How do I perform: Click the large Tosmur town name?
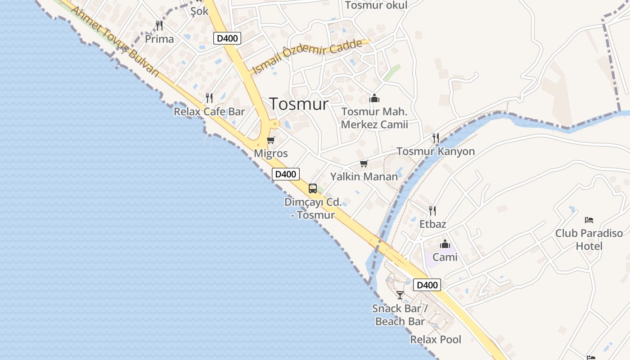[x=299, y=104]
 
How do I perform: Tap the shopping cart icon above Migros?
[x=270, y=140]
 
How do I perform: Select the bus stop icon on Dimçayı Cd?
[x=313, y=189]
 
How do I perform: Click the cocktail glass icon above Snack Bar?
[x=400, y=295]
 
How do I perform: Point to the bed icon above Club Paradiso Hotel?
[x=589, y=220]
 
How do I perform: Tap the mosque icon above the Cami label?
[x=445, y=244]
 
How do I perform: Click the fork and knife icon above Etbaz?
[x=432, y=210]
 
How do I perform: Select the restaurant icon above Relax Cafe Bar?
[x=209, y=98]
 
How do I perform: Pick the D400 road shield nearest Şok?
[x=227, y=38]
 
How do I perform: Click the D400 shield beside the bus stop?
[x=286, y=174]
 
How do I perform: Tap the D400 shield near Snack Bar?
[x=427, y=285]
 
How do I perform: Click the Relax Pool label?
[x=436, y=339]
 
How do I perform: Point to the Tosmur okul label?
[x=376, y=5]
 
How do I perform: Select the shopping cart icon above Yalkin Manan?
[x=364, y=163]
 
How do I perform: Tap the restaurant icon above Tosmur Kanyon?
[x=436, y=138]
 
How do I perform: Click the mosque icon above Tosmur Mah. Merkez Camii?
[x=374, y=98]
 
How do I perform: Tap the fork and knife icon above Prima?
[x=159, y=25]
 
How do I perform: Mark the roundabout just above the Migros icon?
[x=274, y=124]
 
